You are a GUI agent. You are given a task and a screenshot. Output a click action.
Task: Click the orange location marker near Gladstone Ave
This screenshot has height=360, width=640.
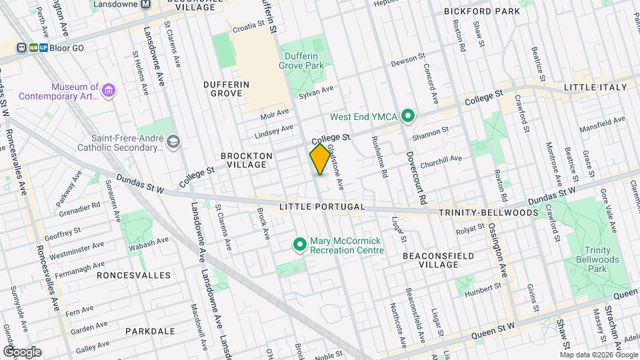tap(320, 159)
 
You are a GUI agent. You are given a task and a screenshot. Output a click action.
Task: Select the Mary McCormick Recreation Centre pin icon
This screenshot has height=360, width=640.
tap(299, 245)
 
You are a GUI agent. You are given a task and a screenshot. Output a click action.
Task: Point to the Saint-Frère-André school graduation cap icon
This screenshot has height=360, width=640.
tap(173, 142)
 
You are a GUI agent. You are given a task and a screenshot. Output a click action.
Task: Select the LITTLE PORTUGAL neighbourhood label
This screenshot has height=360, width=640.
tap(322, 207)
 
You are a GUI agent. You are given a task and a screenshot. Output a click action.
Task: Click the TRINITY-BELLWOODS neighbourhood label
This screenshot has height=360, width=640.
tap(488, 213)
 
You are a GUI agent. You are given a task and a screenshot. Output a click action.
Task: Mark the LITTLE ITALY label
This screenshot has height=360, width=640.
tap(595, 87)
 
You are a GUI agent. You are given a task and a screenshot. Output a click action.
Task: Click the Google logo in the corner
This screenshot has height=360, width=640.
tap(23, 351)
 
